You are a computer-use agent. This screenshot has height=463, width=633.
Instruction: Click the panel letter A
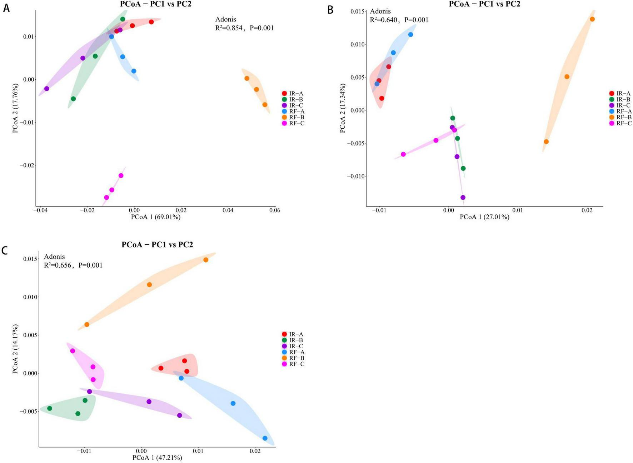[x=6, y=8]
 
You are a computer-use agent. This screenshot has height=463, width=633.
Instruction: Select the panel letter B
[x=330, y=10]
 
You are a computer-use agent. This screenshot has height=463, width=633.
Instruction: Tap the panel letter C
[x=5, y=250]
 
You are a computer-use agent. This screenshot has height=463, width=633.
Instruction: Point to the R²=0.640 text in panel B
[x=383, y=20]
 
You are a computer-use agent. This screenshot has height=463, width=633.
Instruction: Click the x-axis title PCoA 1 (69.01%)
[x=156, y=217]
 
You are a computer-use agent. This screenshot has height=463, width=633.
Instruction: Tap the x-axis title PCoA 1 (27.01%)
[x=484, y=217]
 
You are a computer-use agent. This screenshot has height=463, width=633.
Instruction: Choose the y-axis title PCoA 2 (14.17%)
[x=15, y=349]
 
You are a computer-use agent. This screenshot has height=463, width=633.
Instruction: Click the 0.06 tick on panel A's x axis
[x=275, y=210]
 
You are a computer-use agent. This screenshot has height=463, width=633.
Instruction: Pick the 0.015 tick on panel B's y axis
[x=357, y=12]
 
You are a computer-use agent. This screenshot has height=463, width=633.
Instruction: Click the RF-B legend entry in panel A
[x=296, y=117]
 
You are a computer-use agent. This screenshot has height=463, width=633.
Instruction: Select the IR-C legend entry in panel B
[x=624, y=105]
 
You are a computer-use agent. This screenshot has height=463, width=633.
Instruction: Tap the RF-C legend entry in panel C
[x=296, y=364]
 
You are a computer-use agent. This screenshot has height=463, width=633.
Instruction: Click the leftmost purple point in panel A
[x=46, y=89]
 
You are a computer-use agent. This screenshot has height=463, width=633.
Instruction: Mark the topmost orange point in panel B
[x=592, y=19]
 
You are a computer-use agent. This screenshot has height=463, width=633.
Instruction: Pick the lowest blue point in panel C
[x=265, y=438]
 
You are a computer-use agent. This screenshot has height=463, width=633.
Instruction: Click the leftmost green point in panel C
[x=50, y=408]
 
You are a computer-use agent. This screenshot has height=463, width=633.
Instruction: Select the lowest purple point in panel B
[x=463, y=197]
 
